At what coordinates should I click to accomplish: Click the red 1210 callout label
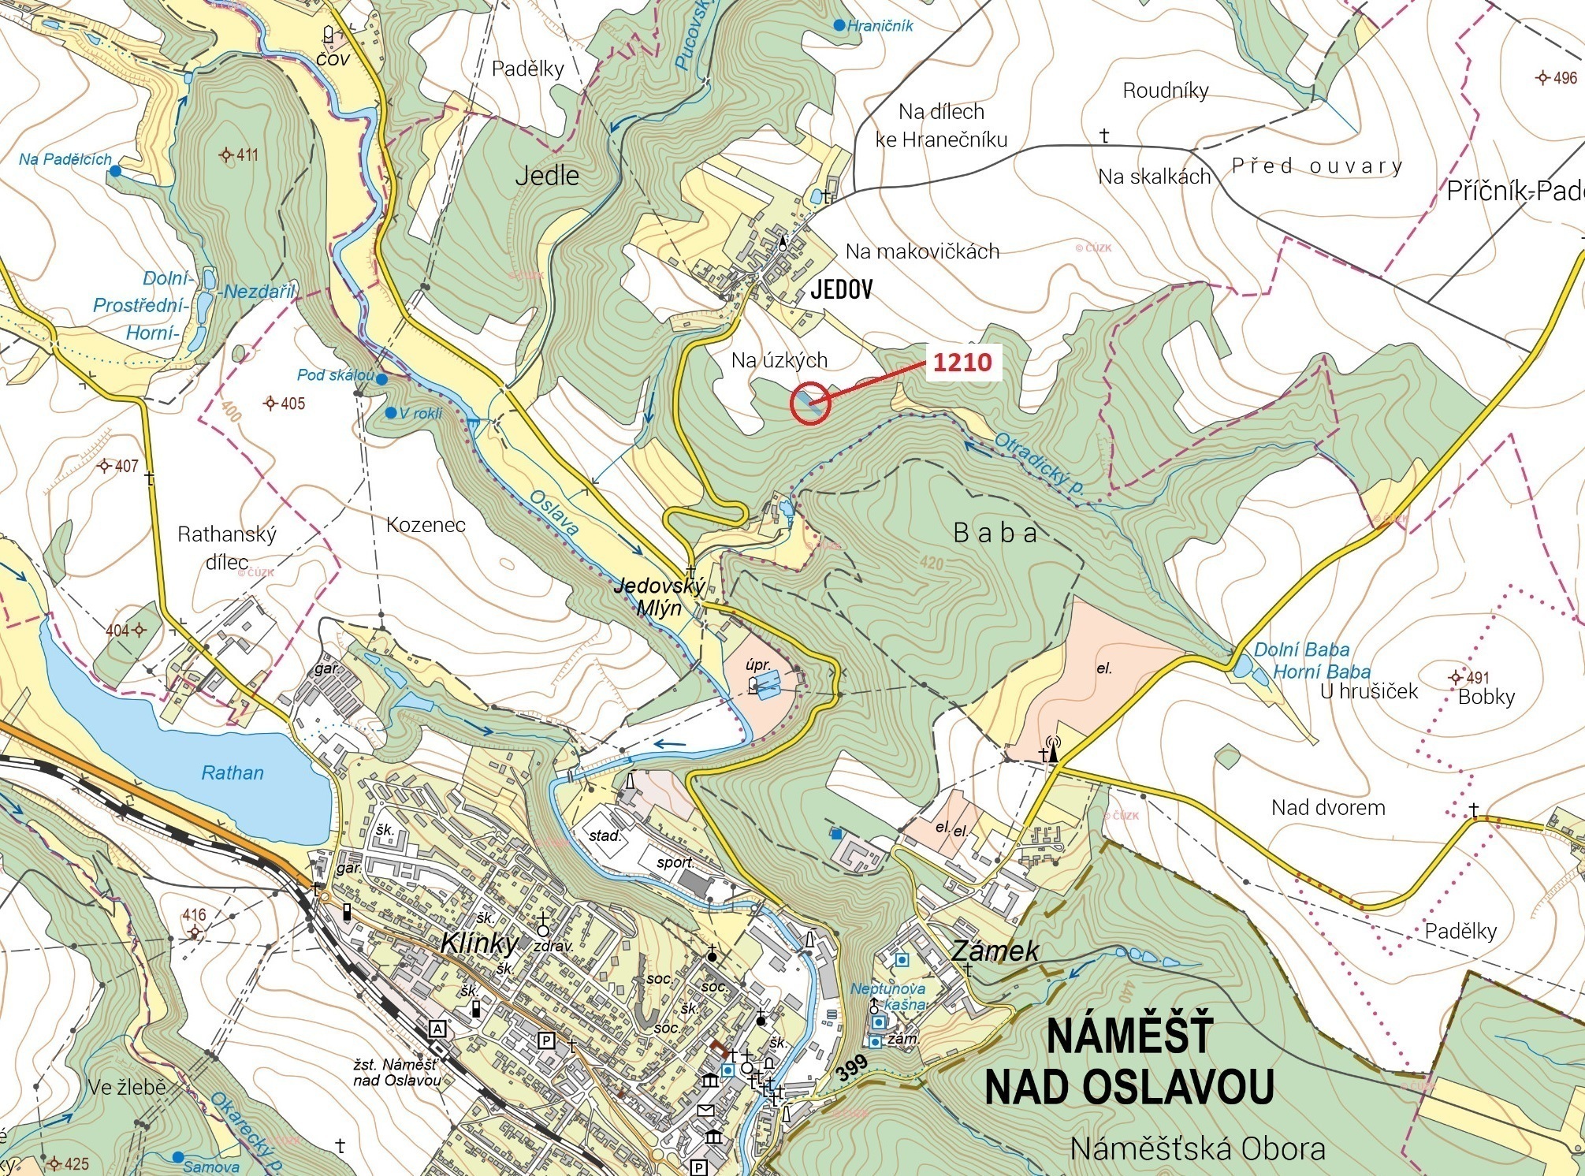[962, 363]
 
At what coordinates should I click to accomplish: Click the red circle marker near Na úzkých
[810, 404]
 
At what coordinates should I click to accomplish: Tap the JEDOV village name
[842, 290]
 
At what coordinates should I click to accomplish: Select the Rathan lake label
[233, 772]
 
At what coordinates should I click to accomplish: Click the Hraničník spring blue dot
[839, 26]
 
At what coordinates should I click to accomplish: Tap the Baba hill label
[995, 533]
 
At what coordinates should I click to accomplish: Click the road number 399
[851, 1068]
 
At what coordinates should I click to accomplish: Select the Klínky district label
[480, 943]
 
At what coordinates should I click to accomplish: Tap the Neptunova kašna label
[888, 996]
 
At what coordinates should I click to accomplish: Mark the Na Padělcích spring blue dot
[116, 170]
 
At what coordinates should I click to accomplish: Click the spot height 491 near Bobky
[1470, 677]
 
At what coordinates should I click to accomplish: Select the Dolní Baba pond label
[1301, 650]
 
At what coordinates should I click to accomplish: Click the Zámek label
[995, 951]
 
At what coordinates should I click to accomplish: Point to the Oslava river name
[553, 513]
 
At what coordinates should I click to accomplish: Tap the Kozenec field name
[426, 525]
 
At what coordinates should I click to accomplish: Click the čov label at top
[333, 58]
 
